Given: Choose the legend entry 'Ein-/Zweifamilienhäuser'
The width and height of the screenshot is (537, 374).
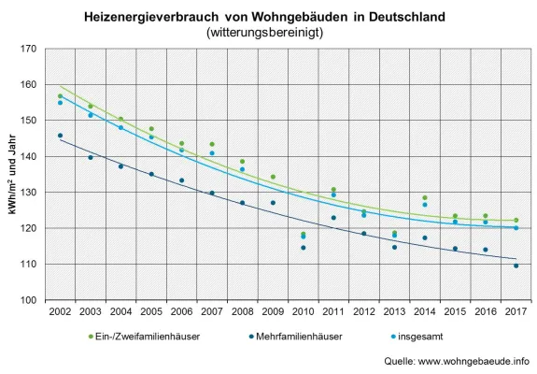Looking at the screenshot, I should point(142,336).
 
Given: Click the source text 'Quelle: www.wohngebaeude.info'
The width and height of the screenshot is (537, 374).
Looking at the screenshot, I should point(457,361).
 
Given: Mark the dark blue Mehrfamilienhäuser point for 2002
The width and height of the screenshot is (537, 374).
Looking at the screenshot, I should point(61,136).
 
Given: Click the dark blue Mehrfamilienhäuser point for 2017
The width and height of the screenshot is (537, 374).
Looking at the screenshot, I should point(516,266).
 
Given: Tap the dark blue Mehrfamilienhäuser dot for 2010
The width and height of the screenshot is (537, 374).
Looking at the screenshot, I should point(303,248).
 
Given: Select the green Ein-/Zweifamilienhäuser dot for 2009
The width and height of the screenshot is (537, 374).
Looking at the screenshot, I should point(273,177).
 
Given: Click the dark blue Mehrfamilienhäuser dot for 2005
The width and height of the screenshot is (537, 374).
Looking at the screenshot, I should point(151,174).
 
